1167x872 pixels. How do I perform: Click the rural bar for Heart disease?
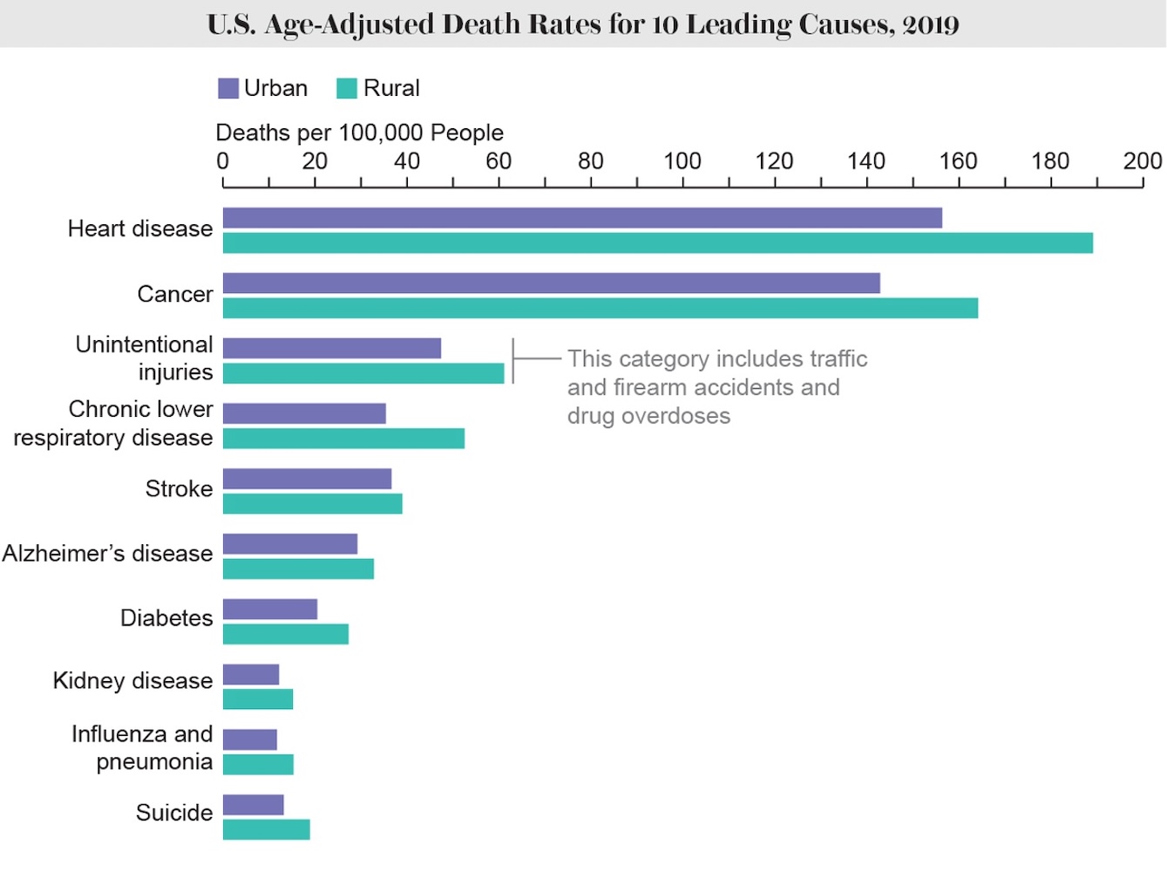coord(657,243)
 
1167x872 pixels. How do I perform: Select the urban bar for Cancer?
coord(551,283)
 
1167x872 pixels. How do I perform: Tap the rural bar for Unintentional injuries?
coord(363,374)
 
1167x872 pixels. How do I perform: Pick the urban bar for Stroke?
coord(307,479)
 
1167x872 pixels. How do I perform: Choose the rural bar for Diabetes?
coord(286,635)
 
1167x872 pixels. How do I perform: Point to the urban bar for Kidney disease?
coord(251,675)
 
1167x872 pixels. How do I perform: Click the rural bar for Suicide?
coord(267,830)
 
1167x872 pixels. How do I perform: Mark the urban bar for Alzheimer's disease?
coord(290,544)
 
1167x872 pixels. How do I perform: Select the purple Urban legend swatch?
coord(228,89)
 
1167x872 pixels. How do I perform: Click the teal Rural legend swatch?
coord(347,89)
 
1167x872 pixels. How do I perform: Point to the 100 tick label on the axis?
coord(682,161)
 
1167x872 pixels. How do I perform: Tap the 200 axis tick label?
coord(1143,161)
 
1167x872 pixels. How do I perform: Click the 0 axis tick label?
coord(223,161)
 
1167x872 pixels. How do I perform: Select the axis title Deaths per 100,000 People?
coord(359,133)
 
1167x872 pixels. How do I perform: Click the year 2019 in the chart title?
coord(931,24)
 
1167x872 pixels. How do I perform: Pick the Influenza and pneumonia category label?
coord(143,748)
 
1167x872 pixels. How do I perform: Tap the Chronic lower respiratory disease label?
coord(113,424)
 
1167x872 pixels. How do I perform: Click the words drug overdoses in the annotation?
coord(648,417)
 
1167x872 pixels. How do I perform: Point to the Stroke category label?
coord(179,489)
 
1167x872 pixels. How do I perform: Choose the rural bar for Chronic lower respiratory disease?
coord(343,439)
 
